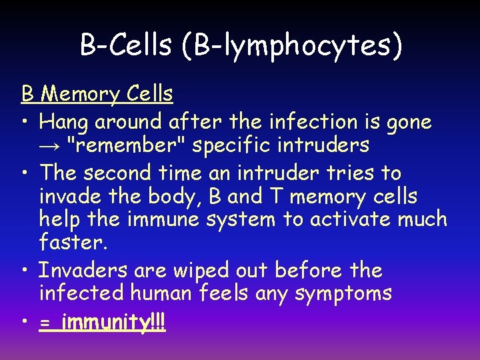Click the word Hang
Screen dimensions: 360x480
[x=64, y=121]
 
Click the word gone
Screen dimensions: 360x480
[x=407, y=123]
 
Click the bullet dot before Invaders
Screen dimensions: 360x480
[x=25, y=271]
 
